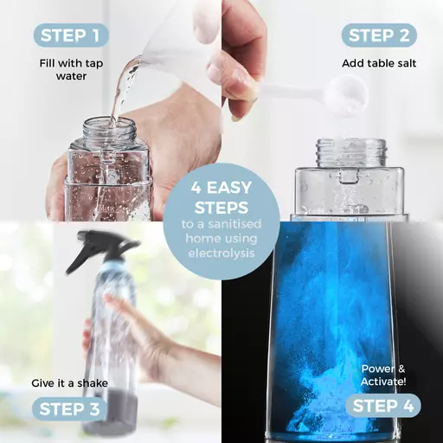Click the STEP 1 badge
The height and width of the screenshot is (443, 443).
click(x=71, y=35)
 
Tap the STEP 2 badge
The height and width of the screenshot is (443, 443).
click(x=379, y=35)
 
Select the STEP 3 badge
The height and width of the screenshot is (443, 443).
click(x=69, y=408)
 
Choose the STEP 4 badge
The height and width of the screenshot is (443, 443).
click(x=383, y=406)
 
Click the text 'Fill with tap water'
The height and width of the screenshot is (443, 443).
click(x=71, y=69)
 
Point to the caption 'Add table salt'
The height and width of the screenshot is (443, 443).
click(x=379, y=63)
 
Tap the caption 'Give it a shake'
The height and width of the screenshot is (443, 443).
click(x=69, y=383)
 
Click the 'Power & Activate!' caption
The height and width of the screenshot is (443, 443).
click(x=383, y=376)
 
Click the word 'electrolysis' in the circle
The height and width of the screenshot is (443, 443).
click(x=221, y=253)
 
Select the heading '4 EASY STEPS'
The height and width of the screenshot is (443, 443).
click(x=221, y=198)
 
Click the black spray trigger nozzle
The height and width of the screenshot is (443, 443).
click(x=101, y=249)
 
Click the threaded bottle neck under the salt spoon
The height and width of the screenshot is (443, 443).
click(x=351, y=152)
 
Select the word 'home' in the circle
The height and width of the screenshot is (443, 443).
click(x=200, y=239)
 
